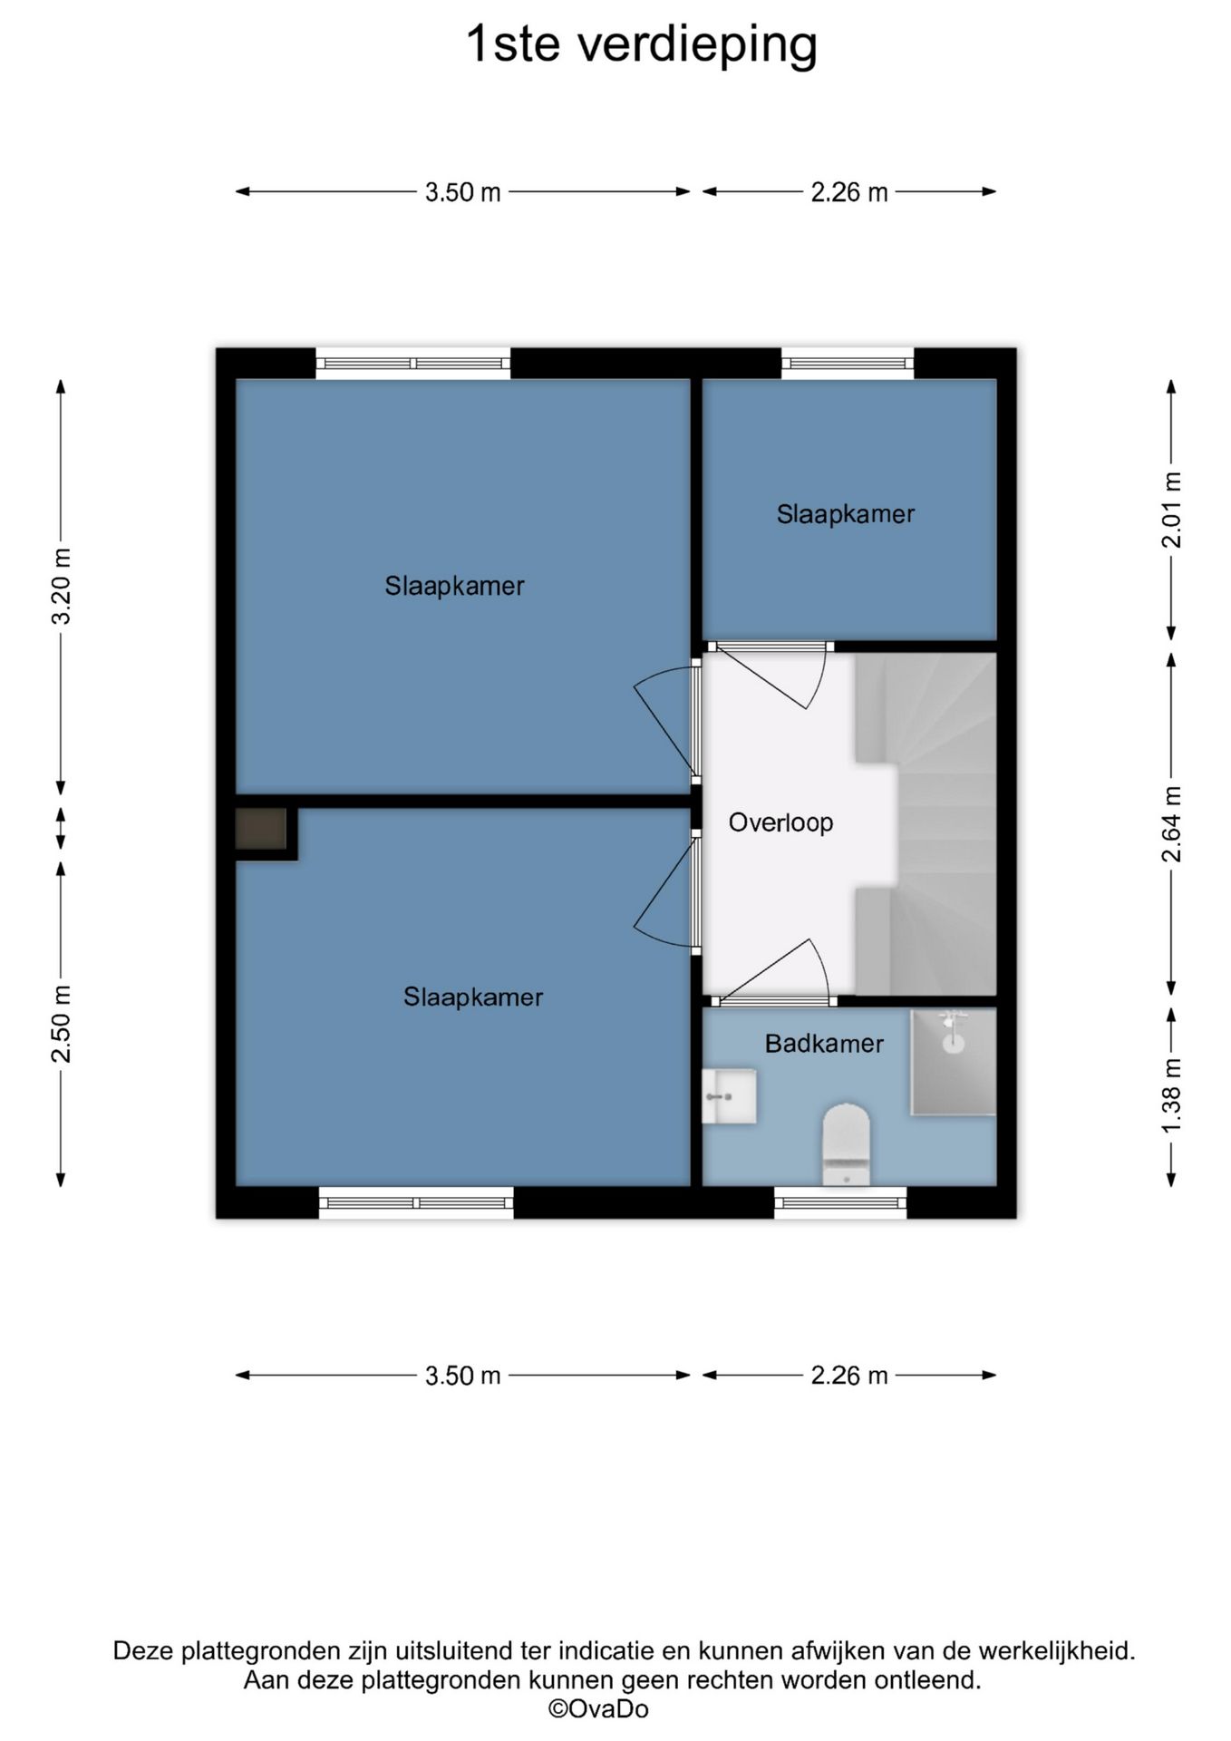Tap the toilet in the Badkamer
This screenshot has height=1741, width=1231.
click(x=846, y=1143)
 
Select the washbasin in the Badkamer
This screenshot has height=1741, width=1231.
click(x=729, y=1095)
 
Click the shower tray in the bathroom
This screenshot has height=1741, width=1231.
click(x=954, y=1061)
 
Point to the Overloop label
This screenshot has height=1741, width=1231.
click(x=780, y=822)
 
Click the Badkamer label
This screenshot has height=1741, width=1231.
click(x=824, y=1044)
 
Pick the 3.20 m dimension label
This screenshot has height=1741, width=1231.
click(x=62, y=587)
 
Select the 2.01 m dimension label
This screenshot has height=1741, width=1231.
click(x=1171, y=510)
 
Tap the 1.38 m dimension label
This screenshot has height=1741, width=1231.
click(x=1171, y=1094)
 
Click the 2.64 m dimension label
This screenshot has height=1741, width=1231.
click(x=1171, y=824)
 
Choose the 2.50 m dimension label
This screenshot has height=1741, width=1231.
click(x=62, y=1023)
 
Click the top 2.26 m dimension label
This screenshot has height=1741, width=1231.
click(x=849, y=192)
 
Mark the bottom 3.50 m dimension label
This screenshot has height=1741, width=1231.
click(x=463, y=1376)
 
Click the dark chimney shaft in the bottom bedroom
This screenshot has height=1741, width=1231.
click(x=261, y=829)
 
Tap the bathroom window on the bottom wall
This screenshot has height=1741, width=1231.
click(x=840, y=1203)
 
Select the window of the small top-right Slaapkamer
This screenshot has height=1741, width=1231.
click(x=848, y=364)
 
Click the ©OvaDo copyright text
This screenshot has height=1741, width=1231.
click(x=598, y=1709)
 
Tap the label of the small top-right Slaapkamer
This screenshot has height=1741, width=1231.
click(x=846, y=514)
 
